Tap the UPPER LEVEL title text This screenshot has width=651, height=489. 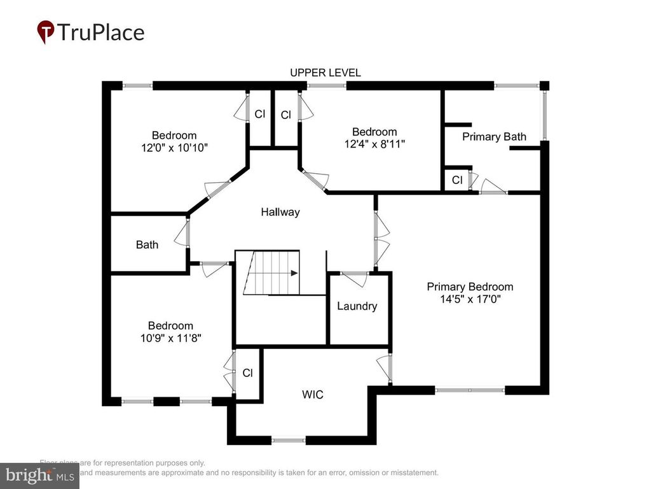coord(325,73)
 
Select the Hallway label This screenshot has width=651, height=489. coord(280,212)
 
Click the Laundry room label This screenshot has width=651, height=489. coord(357,306)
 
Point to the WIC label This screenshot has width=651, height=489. coord(312,395)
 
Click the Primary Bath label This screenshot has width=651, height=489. coord(494,136)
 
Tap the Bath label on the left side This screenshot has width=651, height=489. coord(147,244)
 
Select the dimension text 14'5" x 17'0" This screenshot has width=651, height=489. coord(470,300)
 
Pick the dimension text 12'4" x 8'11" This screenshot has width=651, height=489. coord(374,144)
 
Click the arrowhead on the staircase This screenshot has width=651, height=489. coord(294,273)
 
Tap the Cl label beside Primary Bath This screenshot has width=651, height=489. coord(456,180)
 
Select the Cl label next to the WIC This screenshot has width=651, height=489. coord(247,373)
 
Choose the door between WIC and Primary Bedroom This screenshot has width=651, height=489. coord(384,369)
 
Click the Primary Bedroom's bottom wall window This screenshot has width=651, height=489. coord(470,390)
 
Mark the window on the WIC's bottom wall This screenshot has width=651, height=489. coord(288,439)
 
